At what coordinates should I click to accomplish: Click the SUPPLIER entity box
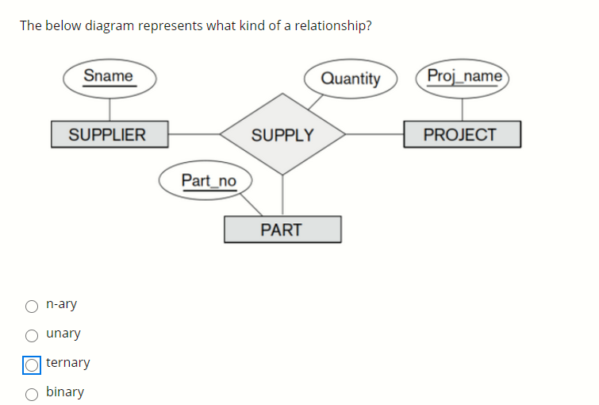(109, 134)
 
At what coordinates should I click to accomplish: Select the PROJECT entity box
(461, 134)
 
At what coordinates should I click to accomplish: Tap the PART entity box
(282, 229)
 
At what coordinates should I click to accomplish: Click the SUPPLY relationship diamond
(282, 134)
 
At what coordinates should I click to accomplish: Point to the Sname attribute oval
(109, 77)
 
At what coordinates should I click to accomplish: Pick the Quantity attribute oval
(350, 78)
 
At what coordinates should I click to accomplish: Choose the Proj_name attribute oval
(463, 77)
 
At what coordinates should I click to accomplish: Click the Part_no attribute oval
(207, 181)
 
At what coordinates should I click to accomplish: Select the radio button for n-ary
(32, 306)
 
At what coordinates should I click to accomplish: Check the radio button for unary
(32, 334)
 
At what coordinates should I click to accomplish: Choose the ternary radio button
(32, 364)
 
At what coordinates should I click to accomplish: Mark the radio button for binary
(32, 392)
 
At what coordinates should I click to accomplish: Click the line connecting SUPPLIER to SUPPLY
(194, 134)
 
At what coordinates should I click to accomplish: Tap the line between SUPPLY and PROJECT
(374, 134)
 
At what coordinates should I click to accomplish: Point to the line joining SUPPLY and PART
(282, 195)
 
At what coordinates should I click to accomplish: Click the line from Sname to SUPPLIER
(109, 108)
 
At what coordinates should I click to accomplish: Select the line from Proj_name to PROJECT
(463, 108)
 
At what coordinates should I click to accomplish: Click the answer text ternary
(68, 363)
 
